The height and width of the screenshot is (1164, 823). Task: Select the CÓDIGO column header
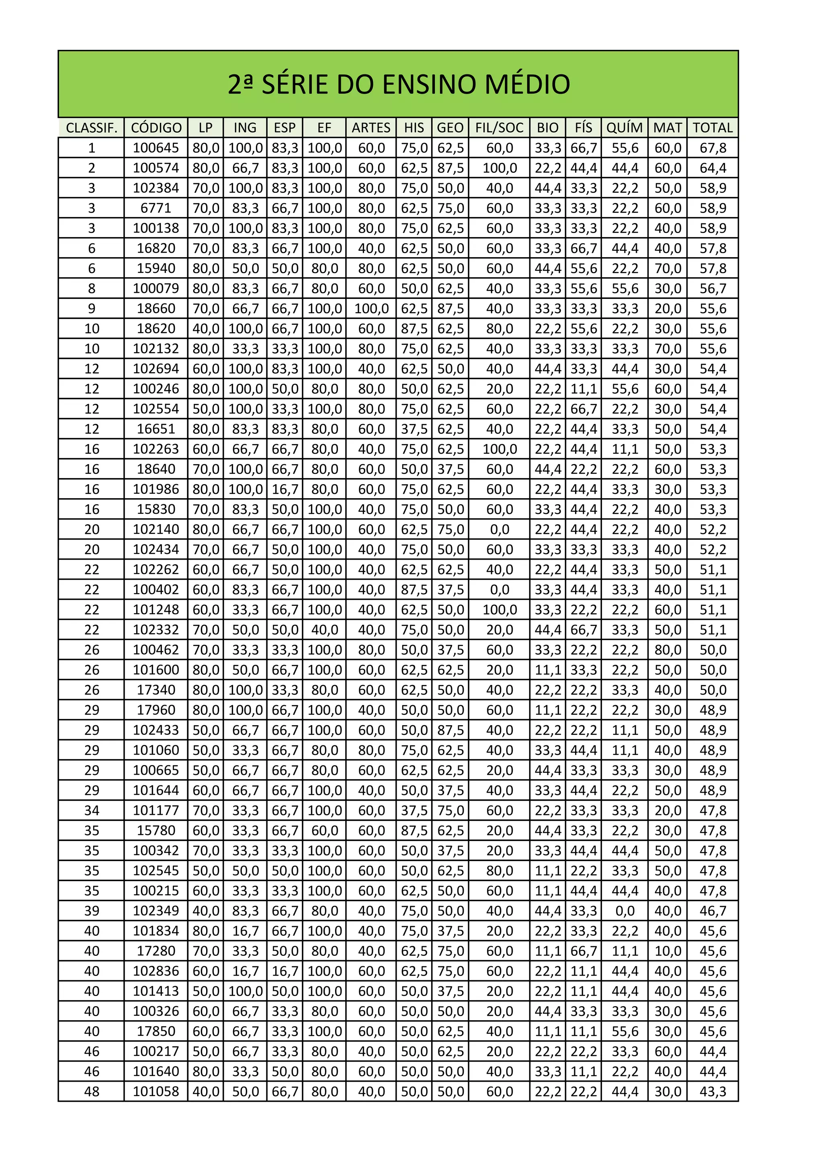tap(156, 128)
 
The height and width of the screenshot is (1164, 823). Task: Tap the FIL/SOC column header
tap(499, 128)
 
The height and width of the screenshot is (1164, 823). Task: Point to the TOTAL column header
tap(712, 128)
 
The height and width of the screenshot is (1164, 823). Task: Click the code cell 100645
tap(156, 148)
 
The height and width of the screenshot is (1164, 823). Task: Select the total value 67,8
tap(712, 148)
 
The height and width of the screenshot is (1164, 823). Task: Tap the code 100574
tap(156, 168)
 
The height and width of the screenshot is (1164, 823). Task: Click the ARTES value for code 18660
tap(371, 309)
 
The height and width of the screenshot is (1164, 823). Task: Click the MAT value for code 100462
tap(667, 650)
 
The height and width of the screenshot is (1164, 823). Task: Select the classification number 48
tap(92, 1092)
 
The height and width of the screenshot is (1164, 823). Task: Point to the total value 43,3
tap(712, 1092)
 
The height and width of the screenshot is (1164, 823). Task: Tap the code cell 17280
tap(156, 951)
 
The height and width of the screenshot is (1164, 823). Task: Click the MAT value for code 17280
tap(667, 951)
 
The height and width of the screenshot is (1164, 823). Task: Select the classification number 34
tap(92, 811)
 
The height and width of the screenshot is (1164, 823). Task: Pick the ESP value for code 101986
tap(285, 489)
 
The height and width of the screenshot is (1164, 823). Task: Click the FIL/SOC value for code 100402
tap(499, 589)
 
